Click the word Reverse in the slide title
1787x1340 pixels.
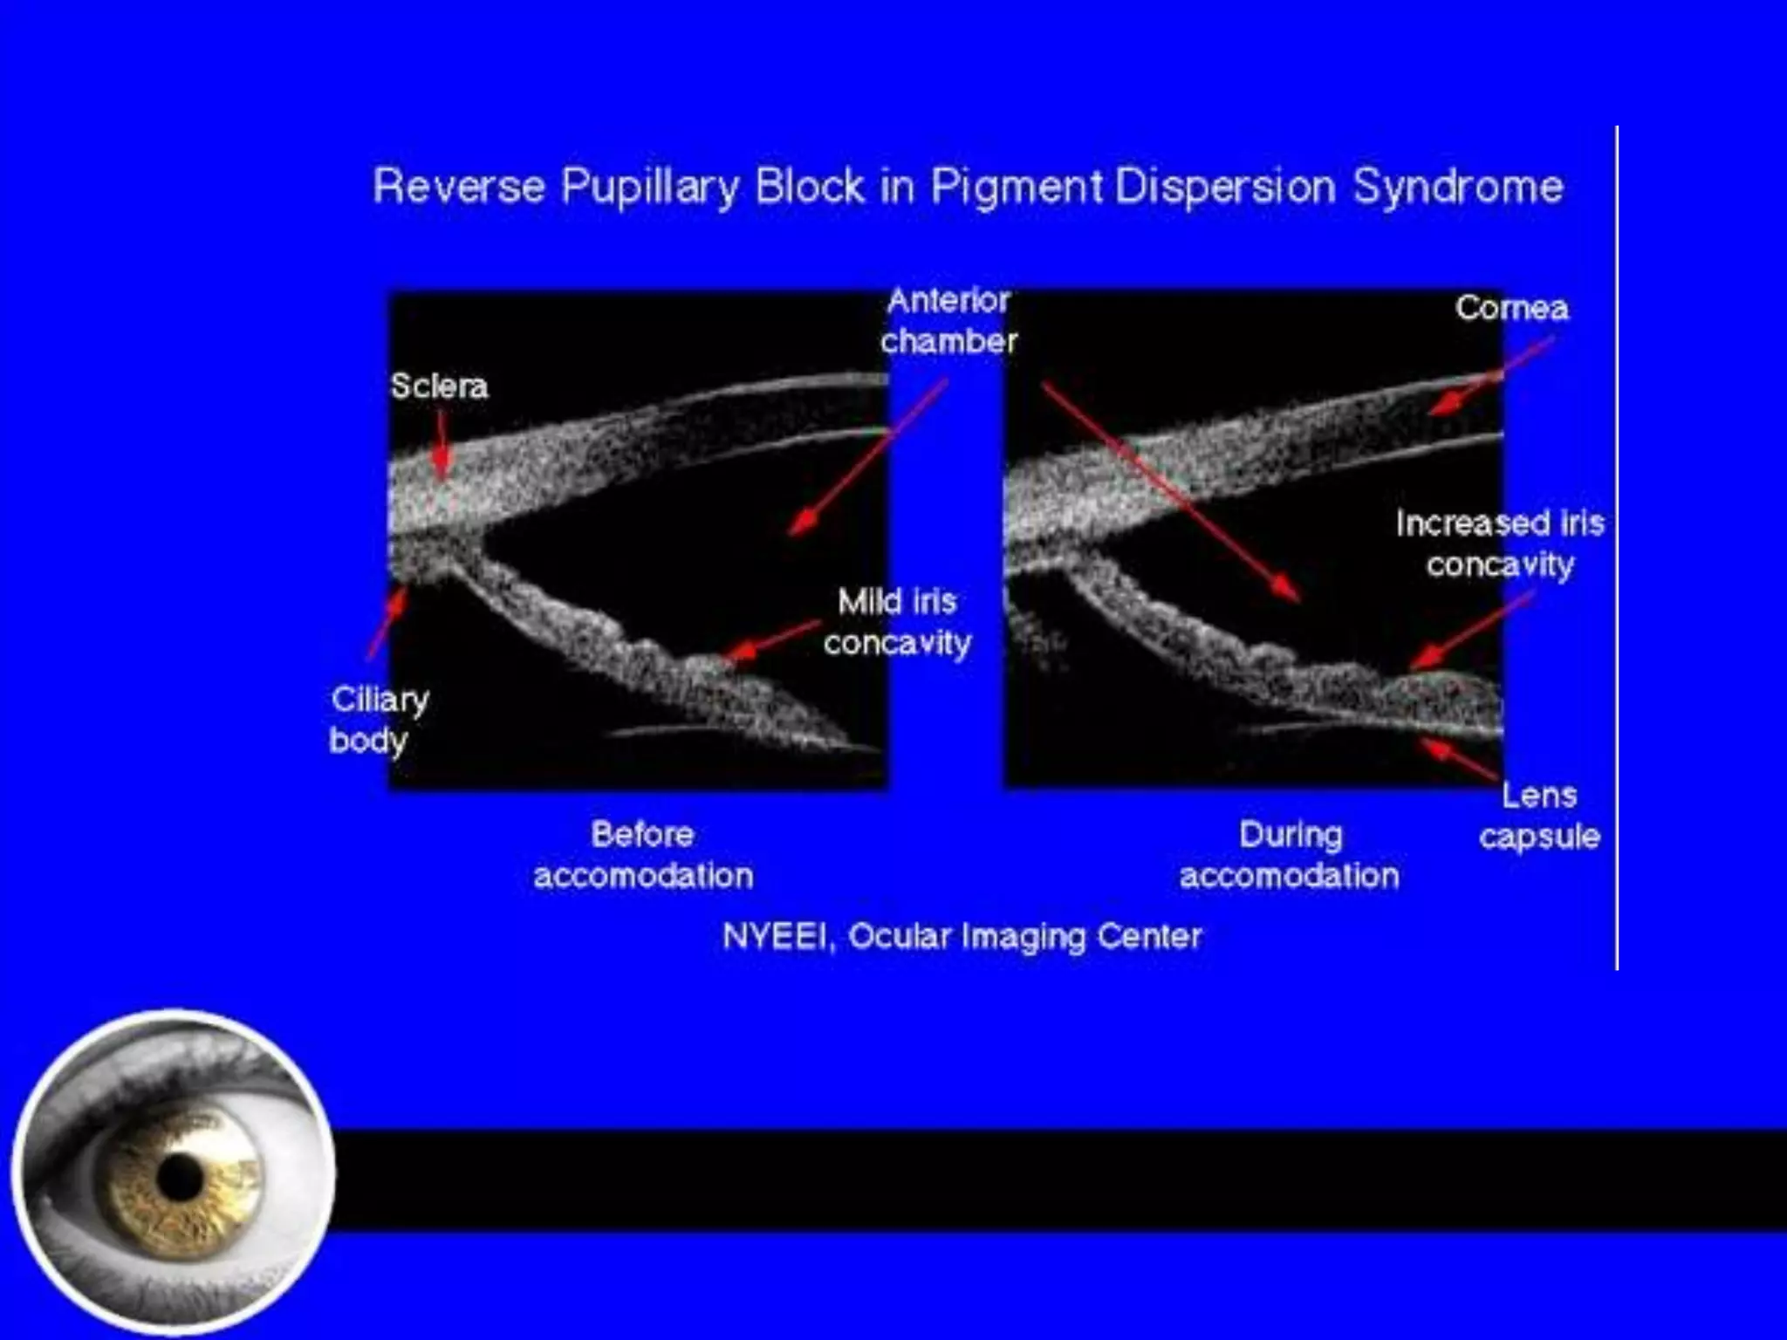pos(459,187)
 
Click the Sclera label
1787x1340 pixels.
pos(438,386)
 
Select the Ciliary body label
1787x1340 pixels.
pos(378,720)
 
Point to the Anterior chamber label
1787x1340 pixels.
pos(948,321)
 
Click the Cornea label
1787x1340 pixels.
pos(1511,308)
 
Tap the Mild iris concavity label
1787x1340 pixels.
pos(897,622)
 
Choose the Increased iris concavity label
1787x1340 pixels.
pos(1500,544)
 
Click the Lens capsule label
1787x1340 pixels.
pos(1539,816)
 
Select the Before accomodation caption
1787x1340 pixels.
pos(643,855)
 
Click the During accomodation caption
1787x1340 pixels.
pos(1289,855)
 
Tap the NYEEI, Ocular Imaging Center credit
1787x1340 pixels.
pos(962,936)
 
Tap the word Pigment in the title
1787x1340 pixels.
pos(1017,187)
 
